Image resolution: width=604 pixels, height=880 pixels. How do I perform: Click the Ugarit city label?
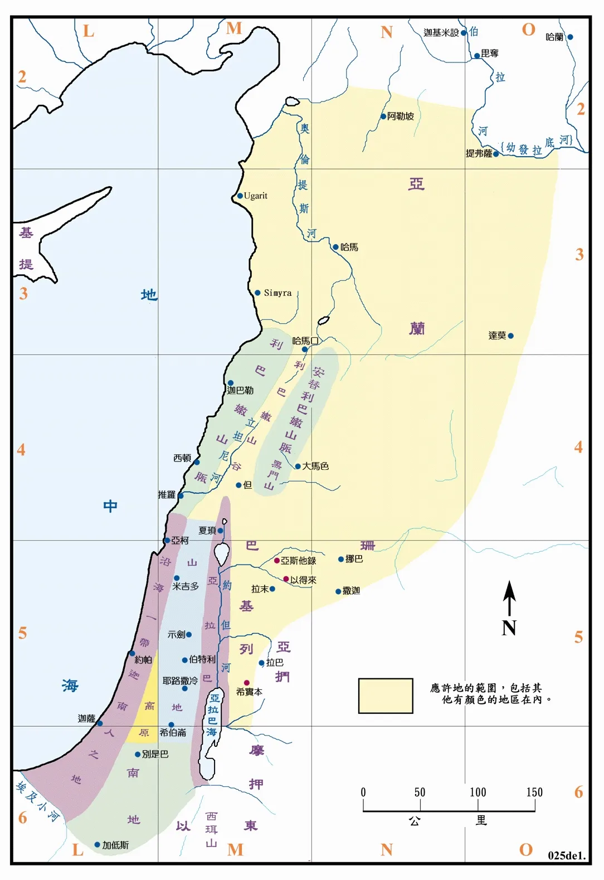(256, 196)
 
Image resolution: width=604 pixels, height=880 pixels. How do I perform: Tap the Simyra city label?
(277, 293)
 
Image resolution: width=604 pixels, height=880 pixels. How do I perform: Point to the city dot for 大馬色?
(298, 466)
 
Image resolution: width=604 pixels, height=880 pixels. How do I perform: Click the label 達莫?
(497, 336)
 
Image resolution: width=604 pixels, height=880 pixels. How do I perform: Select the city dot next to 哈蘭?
(570, 37)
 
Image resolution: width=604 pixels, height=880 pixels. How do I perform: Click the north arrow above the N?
(509, 597)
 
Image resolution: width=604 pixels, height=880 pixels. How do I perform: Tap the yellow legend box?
(386, 696)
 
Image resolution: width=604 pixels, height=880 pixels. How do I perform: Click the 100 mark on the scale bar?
(478, 793)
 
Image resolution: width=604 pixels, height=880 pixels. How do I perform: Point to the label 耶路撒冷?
(179, 680)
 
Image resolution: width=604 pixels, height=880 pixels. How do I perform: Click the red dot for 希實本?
(247, 683)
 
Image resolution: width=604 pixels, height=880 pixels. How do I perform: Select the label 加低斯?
(115, 845)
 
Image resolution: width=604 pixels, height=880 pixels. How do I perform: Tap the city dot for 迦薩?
(100, 723)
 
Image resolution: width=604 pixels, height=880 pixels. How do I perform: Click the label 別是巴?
(155, 754)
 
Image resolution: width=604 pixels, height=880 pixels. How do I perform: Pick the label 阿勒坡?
(401, 116)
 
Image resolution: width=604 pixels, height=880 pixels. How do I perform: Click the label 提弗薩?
(479, 153)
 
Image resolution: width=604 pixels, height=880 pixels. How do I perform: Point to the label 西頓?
(182, 458)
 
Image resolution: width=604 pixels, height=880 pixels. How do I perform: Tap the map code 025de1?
(566, 855)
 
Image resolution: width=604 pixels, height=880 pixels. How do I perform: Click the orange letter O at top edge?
(528, 30)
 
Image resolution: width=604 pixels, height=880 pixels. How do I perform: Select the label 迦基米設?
(441, 33)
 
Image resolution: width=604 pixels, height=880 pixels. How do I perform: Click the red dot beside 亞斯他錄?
(277, 561)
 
